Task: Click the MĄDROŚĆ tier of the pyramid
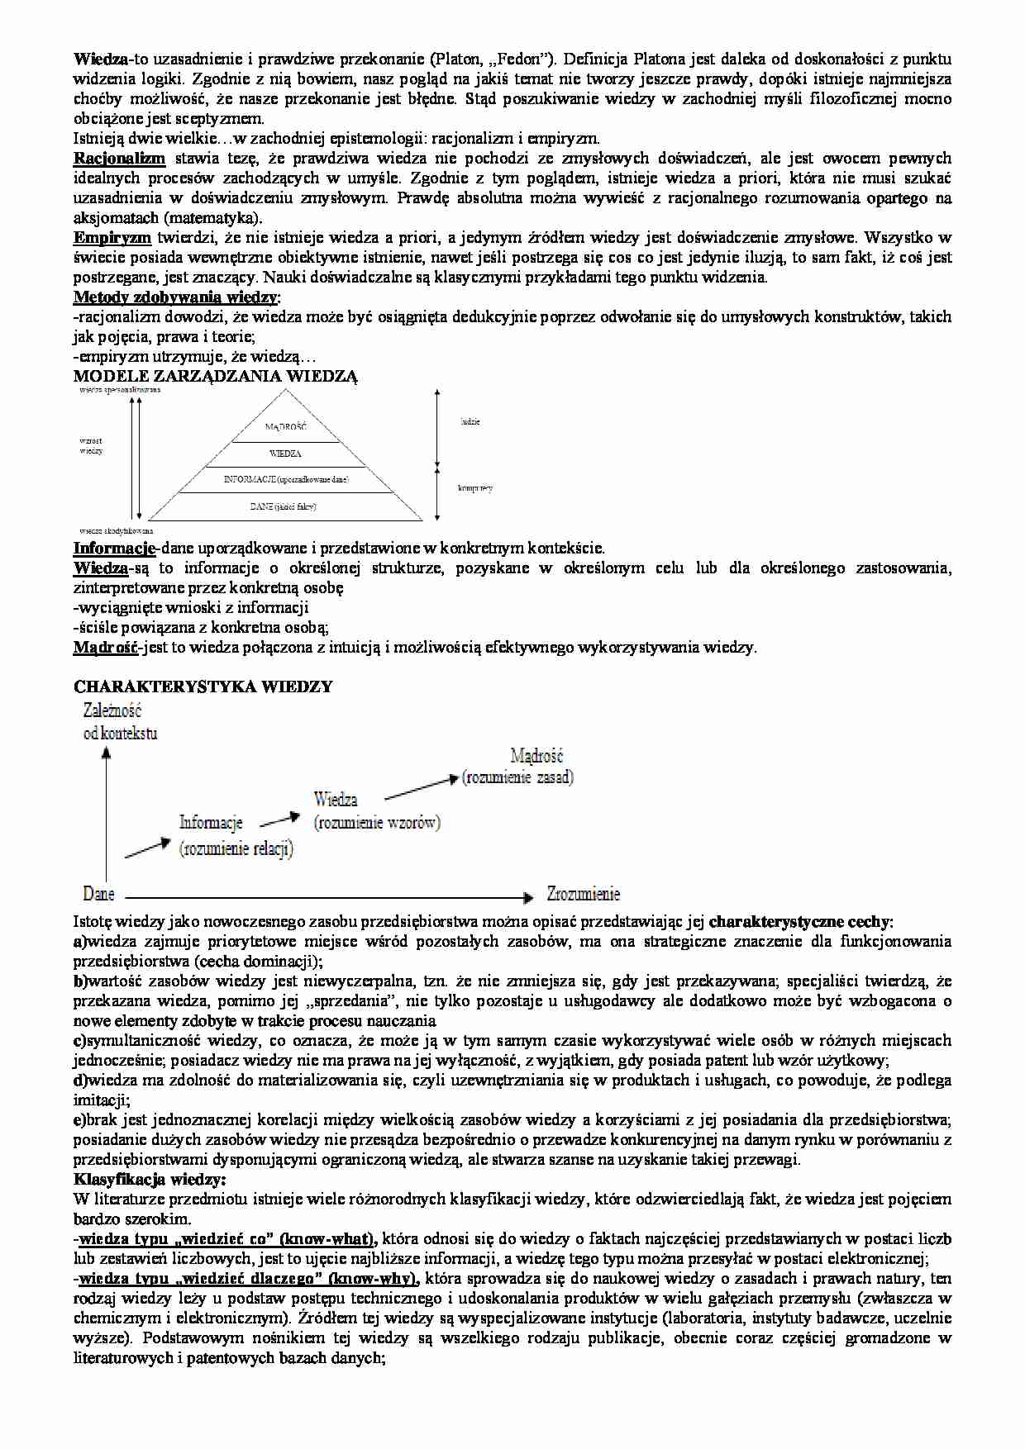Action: click(286, 426)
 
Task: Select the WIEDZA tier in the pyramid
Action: click(285, 454)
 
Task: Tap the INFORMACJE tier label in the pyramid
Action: click(286, 479)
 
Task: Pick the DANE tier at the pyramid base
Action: click(283, 506)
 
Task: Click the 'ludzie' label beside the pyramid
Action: click(470, 421)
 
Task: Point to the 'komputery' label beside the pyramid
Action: click(475, 488)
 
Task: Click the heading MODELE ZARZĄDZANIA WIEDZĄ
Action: click(216, 376)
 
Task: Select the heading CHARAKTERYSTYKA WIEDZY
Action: click(203, 686)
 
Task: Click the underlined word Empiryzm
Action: click(112, 237)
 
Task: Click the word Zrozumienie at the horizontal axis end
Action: click(583, 894)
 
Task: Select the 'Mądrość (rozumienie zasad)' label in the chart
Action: click(517, 766)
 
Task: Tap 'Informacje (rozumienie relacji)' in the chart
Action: click(236, 834)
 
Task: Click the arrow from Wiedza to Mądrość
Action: click(421, 786)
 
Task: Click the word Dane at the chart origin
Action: click(98, 894)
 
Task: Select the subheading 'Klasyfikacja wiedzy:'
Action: click(150, 1179)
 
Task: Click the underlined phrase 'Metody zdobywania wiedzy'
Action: click(175, 297)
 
